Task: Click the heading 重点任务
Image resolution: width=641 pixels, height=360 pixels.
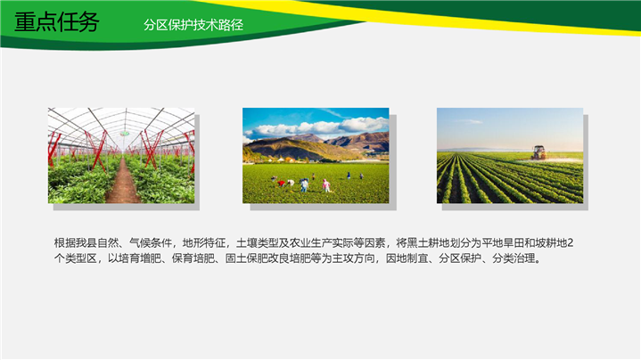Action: click(56, 22)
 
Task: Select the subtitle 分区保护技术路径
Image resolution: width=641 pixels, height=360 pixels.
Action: click(193, 25)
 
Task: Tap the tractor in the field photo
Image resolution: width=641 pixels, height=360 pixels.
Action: click(538, 152)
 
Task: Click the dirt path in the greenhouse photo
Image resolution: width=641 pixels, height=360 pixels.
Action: click(123, 183)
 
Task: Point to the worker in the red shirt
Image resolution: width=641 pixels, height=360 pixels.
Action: click(281, 184)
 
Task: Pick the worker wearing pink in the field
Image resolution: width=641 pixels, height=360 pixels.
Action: click(325, 185)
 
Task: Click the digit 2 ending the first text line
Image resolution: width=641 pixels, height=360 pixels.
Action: click(571, 243)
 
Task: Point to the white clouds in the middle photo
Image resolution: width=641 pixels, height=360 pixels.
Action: click(319, 127)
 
